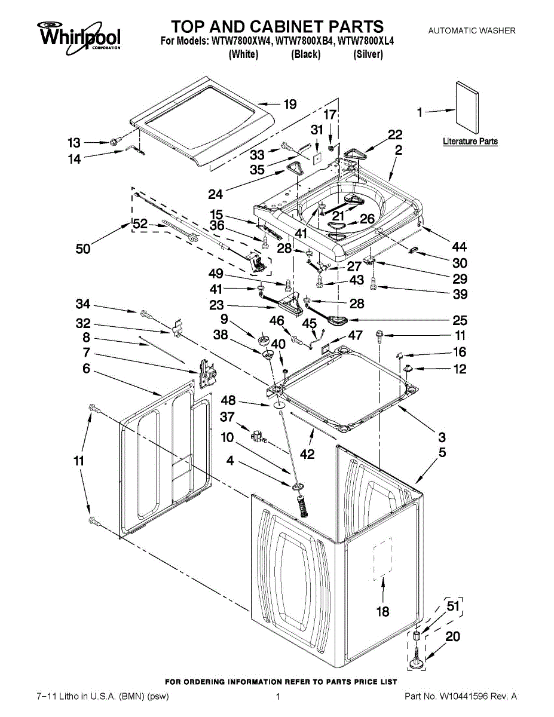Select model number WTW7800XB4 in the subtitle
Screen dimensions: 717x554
[x=305, y=42]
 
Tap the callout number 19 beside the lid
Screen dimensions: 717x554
[x=290, y=105]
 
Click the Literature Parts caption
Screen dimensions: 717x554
[x=470, y=142]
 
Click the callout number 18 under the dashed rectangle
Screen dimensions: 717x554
[x=382, y=611]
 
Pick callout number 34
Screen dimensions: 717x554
[x=83, y=305]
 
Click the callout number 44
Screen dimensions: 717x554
[x=460, y=247]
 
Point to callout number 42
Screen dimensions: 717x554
[x=307, y=454]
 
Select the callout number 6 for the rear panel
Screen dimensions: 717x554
[x=86, y=370]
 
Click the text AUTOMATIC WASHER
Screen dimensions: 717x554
[x=471, y=30]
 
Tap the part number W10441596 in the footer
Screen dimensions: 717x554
[x=470, y=696]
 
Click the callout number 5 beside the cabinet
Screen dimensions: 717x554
[x=442, y=453]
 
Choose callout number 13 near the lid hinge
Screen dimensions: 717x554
[x=74, y=143]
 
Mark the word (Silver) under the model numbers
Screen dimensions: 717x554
[x=368, y=54]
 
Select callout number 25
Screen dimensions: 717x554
[x=460, y=320]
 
